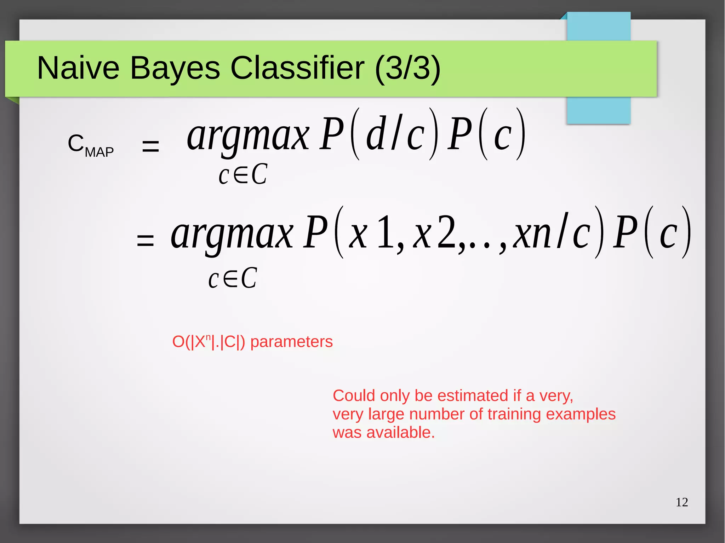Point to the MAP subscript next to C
(x=99, y=152)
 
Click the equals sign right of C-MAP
(x=150, y=146)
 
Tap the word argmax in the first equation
(x=248, y=136)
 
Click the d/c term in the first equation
(x=395, y=134)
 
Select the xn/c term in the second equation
(x=552, y=233)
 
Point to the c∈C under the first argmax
(x=243, y=175)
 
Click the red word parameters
(x=291, y=342)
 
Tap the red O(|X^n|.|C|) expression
(x=209, y=342)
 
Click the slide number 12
(x=681, y=502)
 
